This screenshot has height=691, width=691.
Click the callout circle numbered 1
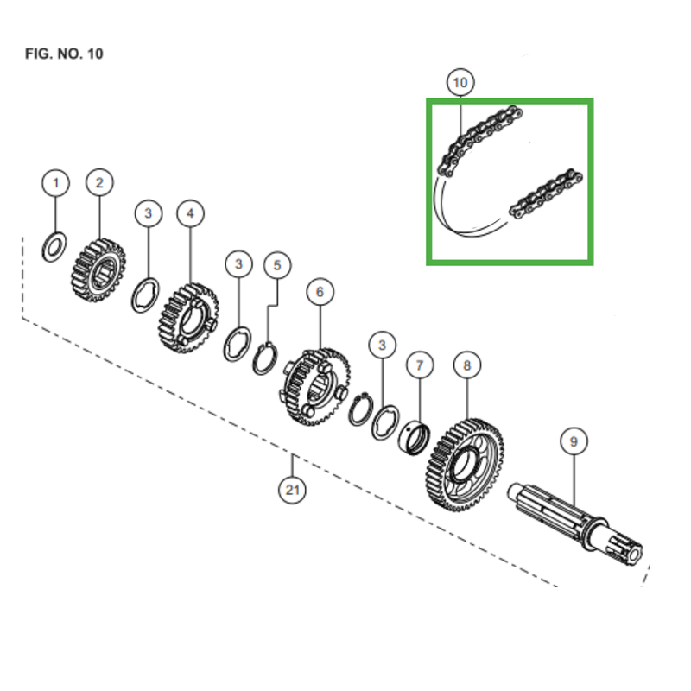pos(56,183)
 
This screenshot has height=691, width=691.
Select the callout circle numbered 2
pos(99,182)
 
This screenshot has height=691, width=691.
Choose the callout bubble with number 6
pos(320,292)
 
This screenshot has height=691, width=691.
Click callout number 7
pos(420,366)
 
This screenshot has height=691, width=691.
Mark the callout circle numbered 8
pos(467,366)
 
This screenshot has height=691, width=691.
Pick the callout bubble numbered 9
pos(572,442)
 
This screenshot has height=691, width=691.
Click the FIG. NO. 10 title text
pos(65,54)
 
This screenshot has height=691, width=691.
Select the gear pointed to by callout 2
pos(98,270)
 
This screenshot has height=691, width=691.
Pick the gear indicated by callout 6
pos(316,386)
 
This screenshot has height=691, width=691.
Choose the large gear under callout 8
pos(465,466)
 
